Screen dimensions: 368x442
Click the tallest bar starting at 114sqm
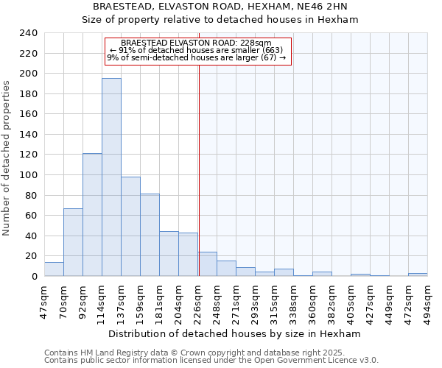point(111,177)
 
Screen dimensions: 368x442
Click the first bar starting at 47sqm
point(54,269)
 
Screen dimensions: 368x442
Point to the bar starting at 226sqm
point(207,264)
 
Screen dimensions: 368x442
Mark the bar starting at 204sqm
point(188,255)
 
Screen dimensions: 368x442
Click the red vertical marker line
point(199,147)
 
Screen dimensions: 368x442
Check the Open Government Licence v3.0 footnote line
point(211,361)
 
